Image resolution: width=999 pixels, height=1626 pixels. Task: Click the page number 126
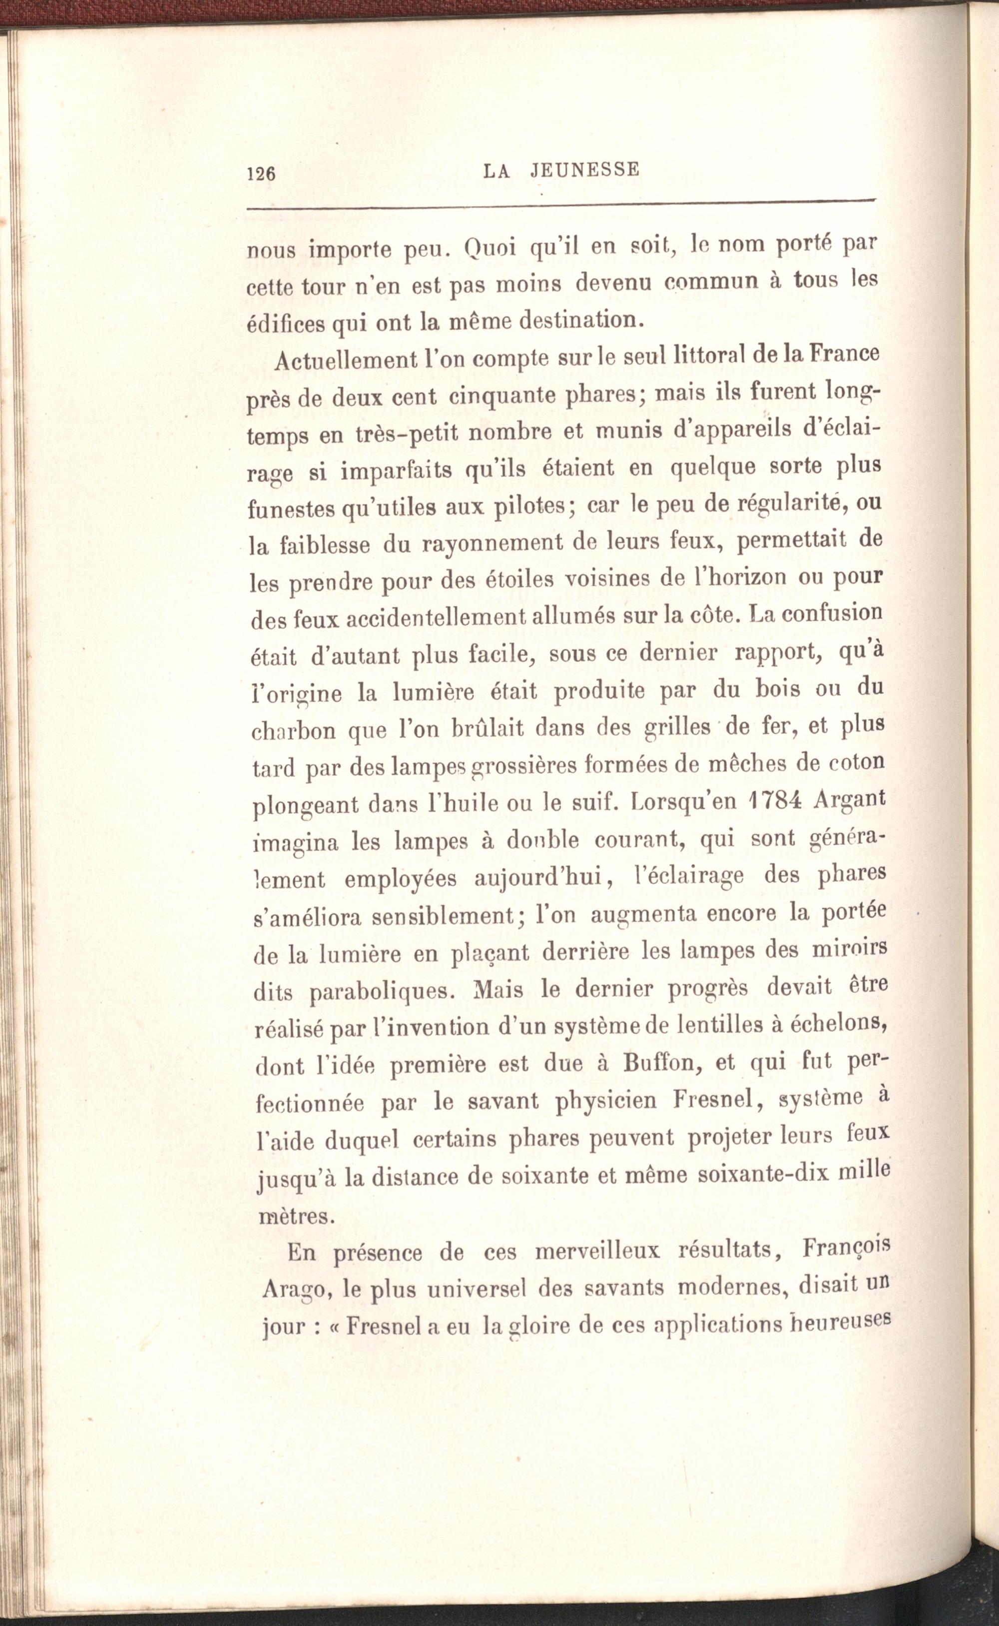click(260, 173)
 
